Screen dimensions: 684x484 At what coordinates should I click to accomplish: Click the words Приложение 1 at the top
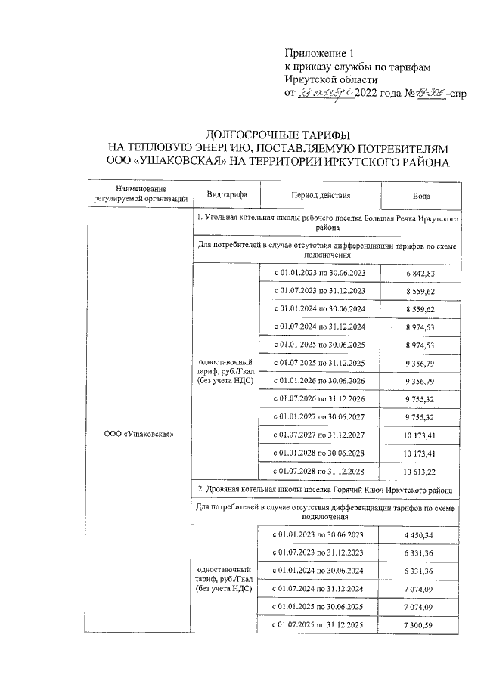coord(318,53)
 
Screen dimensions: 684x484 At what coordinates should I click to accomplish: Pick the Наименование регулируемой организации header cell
coord(140,194)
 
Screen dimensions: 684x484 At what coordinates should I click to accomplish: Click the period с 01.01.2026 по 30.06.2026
coord(320,381)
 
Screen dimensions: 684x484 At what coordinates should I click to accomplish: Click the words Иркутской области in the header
coord(331,79)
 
